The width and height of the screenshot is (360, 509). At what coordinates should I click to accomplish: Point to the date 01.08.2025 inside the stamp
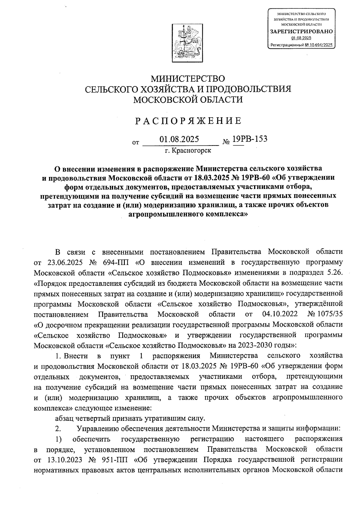[301, 38]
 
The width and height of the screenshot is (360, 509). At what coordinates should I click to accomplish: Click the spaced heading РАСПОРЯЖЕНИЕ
[188, 121]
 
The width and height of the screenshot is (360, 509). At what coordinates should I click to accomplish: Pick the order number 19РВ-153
[250, 139]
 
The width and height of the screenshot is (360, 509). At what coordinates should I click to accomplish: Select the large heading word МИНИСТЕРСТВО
[188, 79]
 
